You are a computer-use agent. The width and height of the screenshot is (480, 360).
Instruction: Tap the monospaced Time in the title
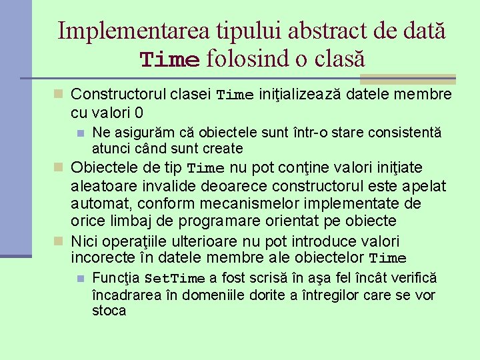(170, 59)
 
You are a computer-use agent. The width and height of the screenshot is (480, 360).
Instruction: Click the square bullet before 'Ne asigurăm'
(80, 133)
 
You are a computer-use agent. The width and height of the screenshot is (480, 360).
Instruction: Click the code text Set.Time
(175, 279)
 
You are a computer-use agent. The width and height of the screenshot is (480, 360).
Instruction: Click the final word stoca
(109, 311)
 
